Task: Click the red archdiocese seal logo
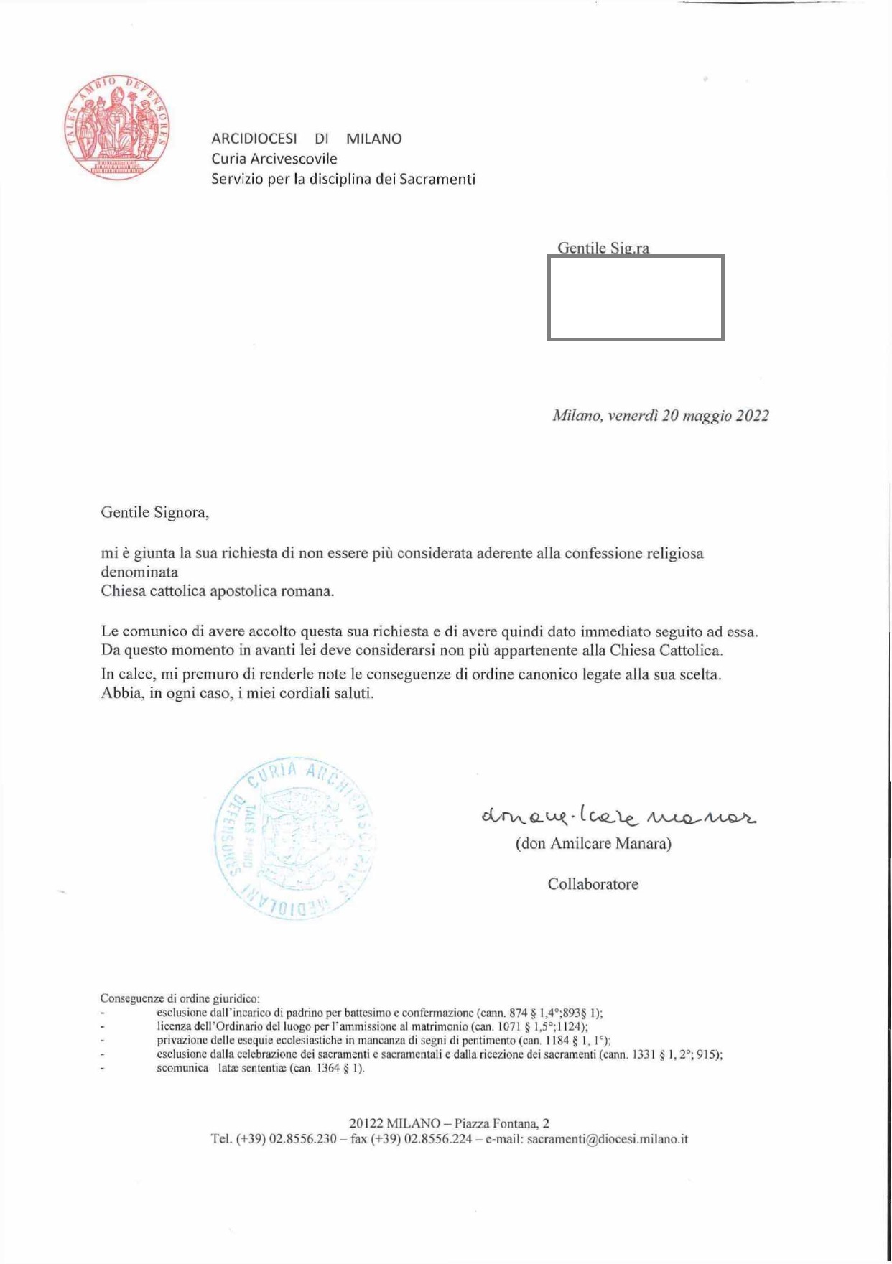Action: tap(118, 126)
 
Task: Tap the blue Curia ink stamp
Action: tap(295, 837)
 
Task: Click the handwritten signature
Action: tap(618, 815)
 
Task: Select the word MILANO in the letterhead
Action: tap(373, 139)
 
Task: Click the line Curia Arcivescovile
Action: tap(274, 159)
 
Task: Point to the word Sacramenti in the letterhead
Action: tap(437, 179)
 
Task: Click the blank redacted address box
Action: tap(636, 297)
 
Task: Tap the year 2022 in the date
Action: tap(752, 416)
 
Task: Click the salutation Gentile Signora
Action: tap(154, 513)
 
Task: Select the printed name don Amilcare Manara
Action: tap(593, 844)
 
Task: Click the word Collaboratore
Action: tap(593, 884)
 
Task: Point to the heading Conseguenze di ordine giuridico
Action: tap(180, 998)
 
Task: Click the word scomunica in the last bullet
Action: tap(182, 1068)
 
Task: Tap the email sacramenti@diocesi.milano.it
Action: tap(607, 1139)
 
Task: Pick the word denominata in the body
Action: tap(139, 572)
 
